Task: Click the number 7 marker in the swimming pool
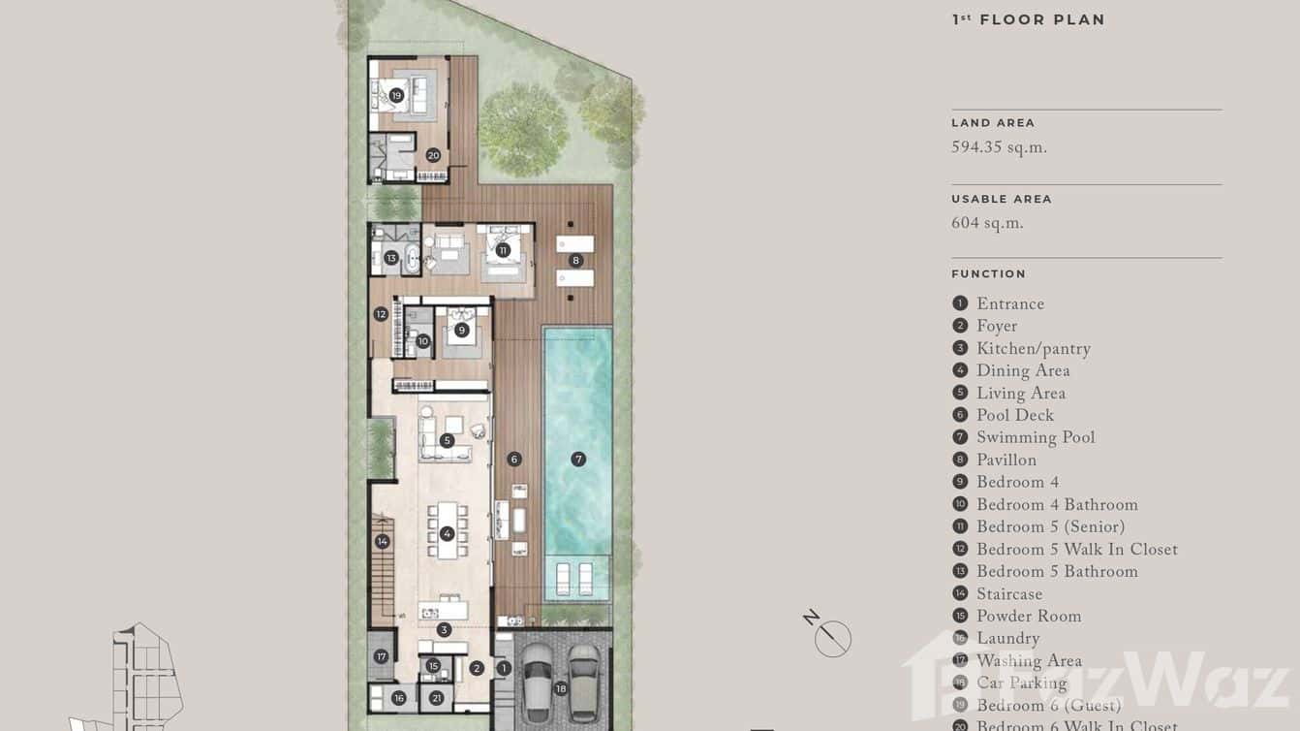pyautogui.click(x=578, y=460)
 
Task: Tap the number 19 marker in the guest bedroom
pyautogui.click(x=396, y=95)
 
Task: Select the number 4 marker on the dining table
pyautogui.click(x=447, y=533)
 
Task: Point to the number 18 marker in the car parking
pyautogui.click(x=560, y=689)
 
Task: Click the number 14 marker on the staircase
pyautogui.click(x=383, y=542)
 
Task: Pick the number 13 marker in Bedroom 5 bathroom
pyautogui.click(x=390, y=258)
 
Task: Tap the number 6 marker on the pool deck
pyautogui.click(x=514, y=460)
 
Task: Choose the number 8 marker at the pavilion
pyautogui.click(x=575, y=260)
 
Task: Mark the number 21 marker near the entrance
pyautogui.click(x=437, y=698)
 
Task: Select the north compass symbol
pyautogui.click(x=832, y=637)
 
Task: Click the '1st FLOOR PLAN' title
pyautogui.click(x=1028, y=19)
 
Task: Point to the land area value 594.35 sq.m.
pyautogui.click(x=999, y=148)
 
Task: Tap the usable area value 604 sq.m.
pyautogui.click(x=987, y=224)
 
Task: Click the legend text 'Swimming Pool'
pyautogui.click(x=1035, y=438)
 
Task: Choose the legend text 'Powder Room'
pyautogui.click(x=1028, y=617)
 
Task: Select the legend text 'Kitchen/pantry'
pyautogui.click(x=1033, y=349)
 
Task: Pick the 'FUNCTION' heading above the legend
pyautogui.click(x=988, y=274)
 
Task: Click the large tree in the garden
pyautogui.click(x=523, y=129)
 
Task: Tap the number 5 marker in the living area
pyautogui.click(x=447, y=441)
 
